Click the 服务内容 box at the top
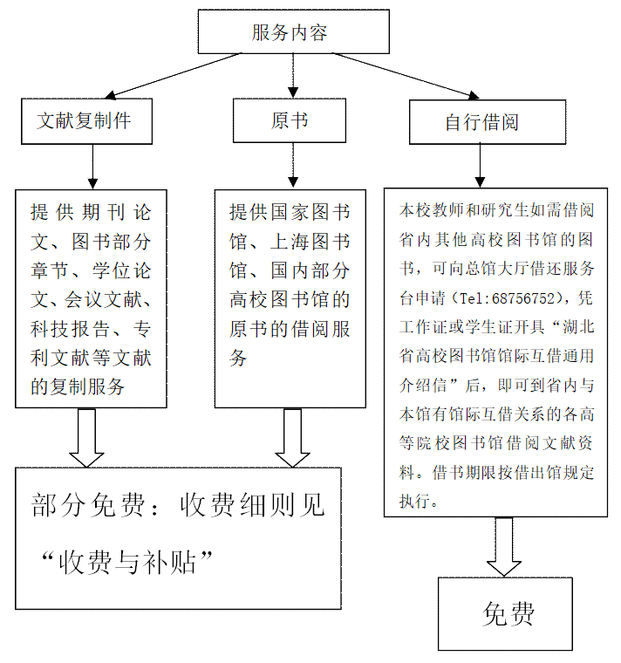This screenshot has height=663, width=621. pyautogui.click(x=293, y=32)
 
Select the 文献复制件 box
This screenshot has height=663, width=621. pyautogui.click(x=86, y=121)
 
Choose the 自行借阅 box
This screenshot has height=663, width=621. pyautogui.click(x=481, y=123)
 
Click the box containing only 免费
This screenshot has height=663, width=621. pyautogui.click(x=505, y=614)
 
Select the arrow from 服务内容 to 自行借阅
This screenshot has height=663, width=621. pyautogui.click(x=406, y=75)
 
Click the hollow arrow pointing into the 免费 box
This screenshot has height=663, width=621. pyautogui.click(x=504, y=547)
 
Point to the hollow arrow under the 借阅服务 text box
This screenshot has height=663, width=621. pyautogui.click(x=292, y=437)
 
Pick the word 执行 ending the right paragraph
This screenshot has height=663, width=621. pyautogui.click(x=415, y=502)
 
